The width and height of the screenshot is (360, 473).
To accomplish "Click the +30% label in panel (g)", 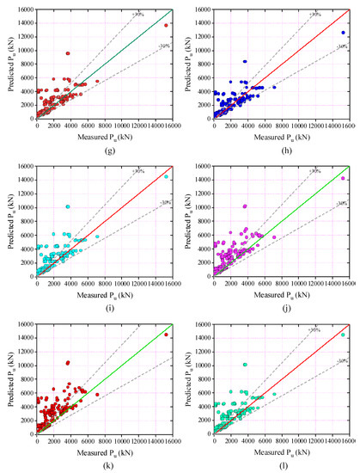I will click(138, 15).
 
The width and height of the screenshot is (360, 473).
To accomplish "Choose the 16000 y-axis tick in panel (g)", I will click(25, 9).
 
